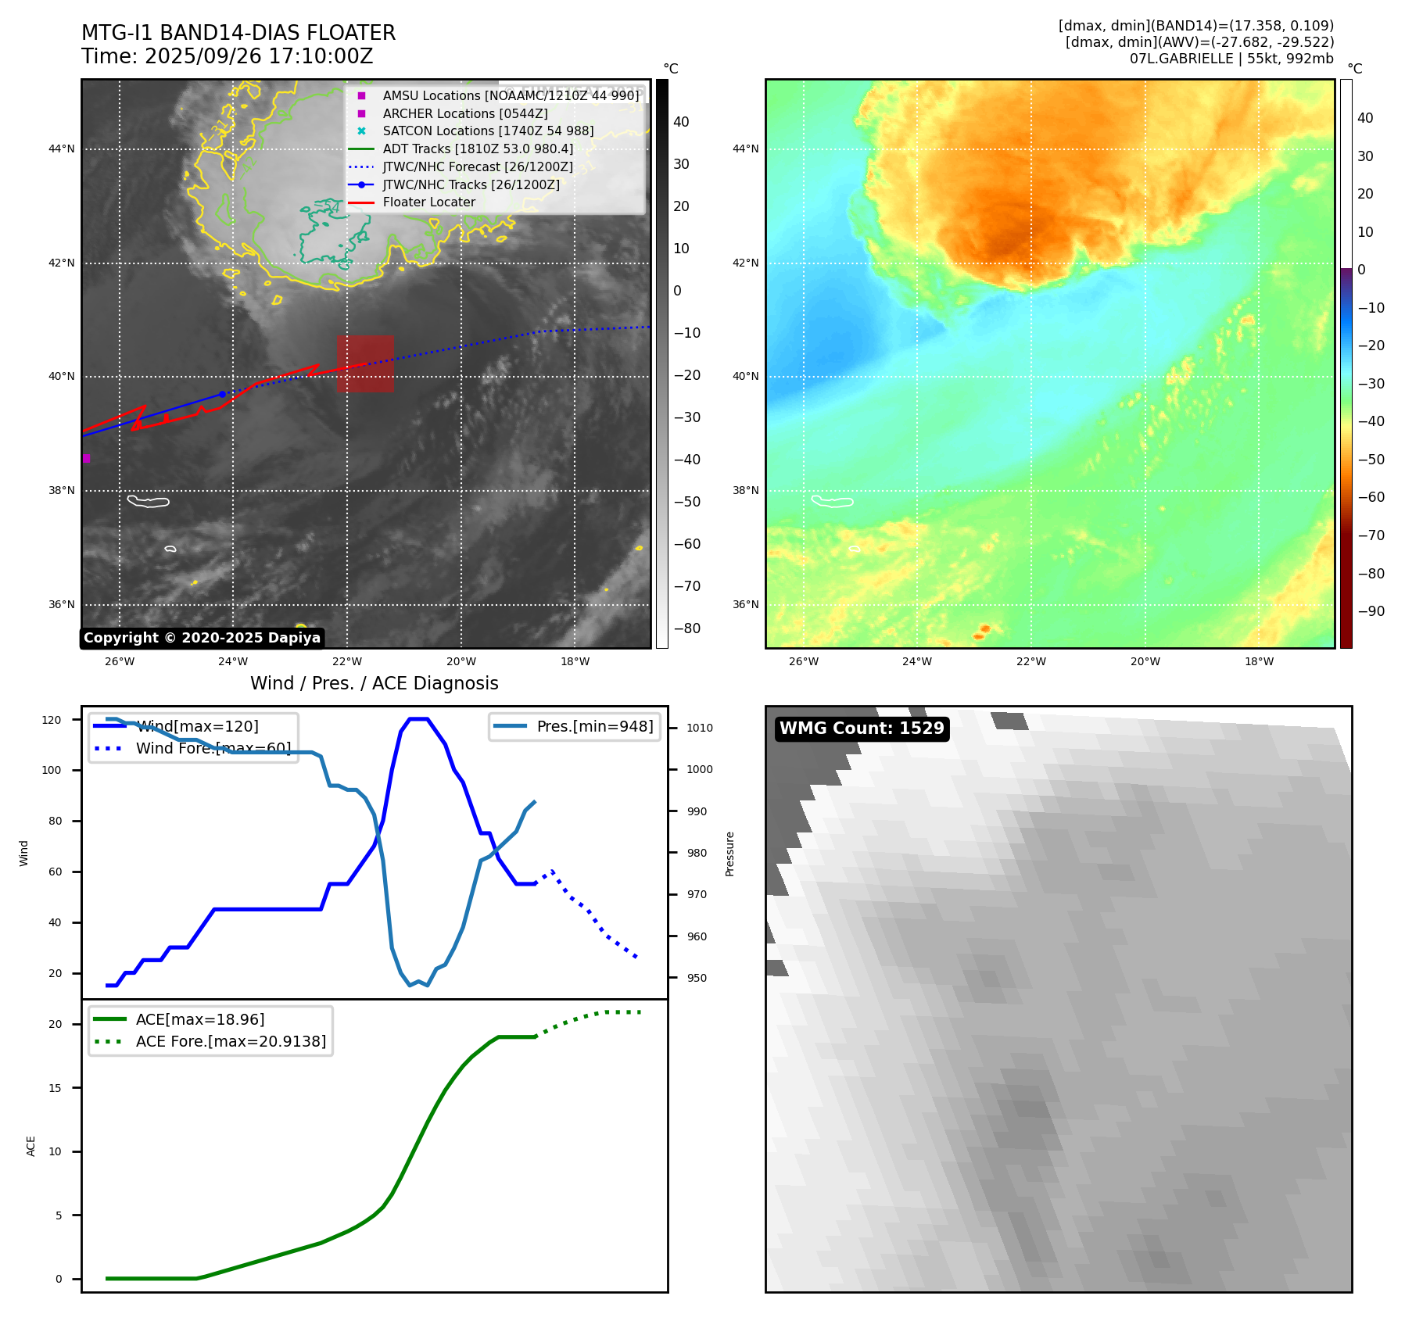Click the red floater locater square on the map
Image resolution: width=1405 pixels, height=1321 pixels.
click(x=365, y=363)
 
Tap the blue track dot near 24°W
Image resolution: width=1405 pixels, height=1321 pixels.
click(x=222, y=394)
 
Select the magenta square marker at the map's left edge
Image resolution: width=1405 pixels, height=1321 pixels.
click(x=86, y=458)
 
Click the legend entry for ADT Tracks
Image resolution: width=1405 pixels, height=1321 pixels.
click(x=477, y=149)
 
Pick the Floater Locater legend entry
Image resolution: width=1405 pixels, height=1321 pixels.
click(x=428, y=202)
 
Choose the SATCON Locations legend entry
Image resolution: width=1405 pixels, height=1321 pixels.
click(x=487, y=131)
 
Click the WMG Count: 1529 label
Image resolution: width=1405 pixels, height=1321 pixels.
click(x=862, y=729)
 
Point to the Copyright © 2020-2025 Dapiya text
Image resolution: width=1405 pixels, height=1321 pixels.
click(x=202, y=638)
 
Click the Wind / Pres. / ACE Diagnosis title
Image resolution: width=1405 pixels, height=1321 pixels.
click(x=374, y=683)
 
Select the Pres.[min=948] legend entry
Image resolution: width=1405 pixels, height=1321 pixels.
click(x=594, y=726)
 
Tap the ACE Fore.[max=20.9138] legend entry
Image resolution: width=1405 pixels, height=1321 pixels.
click(x=231, y=1041)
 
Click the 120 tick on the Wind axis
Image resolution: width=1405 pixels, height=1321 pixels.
click(x=52, y=720)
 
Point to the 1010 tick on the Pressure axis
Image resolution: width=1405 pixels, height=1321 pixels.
click(x=700, y=728)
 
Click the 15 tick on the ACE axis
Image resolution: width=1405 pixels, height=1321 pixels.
click(x=55, y=1088)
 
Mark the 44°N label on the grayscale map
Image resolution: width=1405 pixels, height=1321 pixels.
click(x=62, y=149)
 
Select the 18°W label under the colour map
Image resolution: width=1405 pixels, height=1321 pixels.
click(x=1259, y=661)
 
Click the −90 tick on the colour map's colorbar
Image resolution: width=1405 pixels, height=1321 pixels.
click(x=1371, y=611)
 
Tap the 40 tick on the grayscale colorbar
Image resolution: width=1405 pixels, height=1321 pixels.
click(x=681, y=122)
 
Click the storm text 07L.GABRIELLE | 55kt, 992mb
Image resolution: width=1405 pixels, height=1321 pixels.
click(x=1231, y=59)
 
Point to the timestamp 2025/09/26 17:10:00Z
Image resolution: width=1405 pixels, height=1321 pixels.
click(x=259, y=56)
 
